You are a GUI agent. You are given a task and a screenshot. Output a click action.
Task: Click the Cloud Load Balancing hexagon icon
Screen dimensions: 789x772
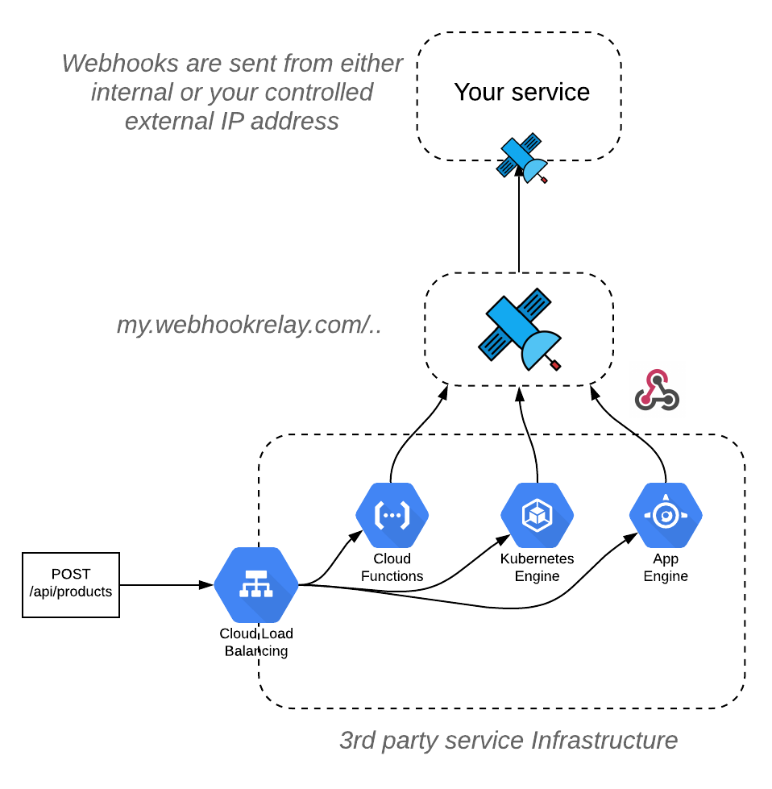256,586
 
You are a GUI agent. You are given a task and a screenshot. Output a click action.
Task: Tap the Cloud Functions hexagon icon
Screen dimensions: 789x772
392,515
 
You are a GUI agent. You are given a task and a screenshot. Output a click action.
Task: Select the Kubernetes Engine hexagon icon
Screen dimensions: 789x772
537,515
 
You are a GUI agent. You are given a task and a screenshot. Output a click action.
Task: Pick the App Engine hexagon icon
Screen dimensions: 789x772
666,515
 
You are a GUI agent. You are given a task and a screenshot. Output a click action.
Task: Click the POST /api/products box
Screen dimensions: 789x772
71,584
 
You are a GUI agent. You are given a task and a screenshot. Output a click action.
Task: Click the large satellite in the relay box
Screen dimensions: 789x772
520,328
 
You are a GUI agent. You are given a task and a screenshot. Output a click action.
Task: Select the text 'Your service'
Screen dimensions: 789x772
521,92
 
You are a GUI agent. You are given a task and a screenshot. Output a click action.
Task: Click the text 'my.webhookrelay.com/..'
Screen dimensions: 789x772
249,326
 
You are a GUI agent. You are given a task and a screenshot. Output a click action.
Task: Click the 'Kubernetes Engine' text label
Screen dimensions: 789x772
537,567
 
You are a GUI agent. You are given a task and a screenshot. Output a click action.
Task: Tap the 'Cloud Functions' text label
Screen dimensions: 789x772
392,567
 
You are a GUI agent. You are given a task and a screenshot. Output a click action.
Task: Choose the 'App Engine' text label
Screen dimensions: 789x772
666,567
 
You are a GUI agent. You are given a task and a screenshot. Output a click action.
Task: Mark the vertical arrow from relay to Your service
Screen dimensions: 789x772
519,226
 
